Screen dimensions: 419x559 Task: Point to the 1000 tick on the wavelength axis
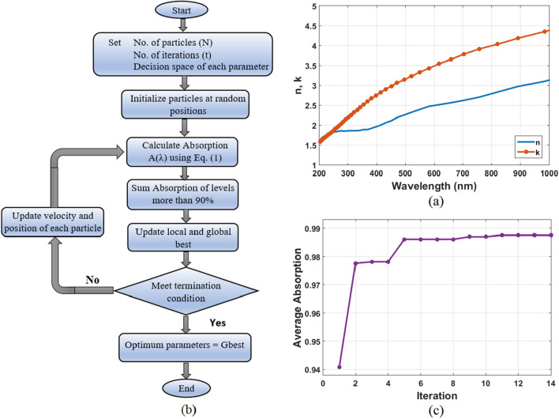[x=547, y=172]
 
